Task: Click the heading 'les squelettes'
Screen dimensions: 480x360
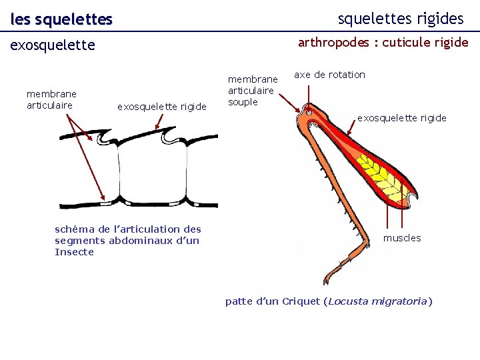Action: [61, 20]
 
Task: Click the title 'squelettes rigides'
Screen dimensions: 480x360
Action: [400, 18]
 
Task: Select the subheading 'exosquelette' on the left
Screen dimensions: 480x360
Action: [52, 45]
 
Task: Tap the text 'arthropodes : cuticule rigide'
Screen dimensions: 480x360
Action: [383, 43]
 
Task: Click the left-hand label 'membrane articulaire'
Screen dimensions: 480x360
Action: [51, 99]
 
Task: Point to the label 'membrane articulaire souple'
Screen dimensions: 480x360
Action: [253, 91]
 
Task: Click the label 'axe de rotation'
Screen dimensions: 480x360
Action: [329, 75]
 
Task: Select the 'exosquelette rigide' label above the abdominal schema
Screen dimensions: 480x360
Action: [162, 106]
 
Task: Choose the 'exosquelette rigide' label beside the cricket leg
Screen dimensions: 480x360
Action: [401, 118]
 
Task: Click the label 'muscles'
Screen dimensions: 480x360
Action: [401, 238]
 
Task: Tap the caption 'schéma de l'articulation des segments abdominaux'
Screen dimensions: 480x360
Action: [127, 235]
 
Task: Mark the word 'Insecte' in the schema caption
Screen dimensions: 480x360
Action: [74, 252]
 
